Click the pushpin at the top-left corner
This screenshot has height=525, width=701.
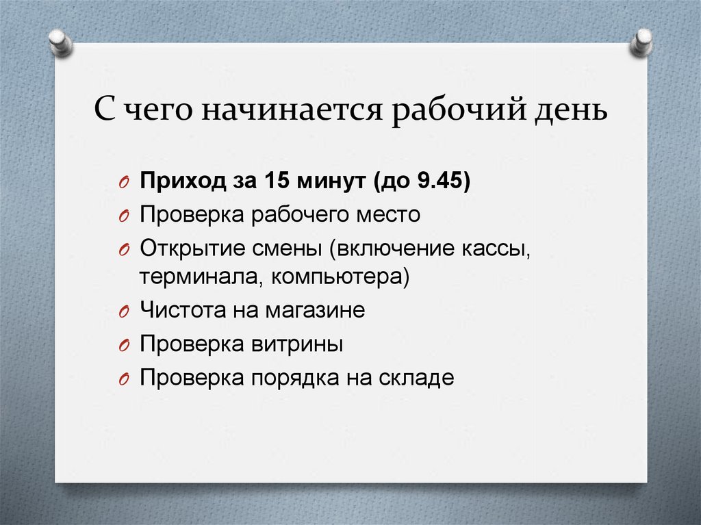click(61, 43)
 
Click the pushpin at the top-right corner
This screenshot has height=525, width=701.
click(641, 42)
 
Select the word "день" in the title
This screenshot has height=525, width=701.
click(571, 110)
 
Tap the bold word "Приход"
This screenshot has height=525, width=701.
click(183, 181)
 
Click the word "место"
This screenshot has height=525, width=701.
click(388, 215)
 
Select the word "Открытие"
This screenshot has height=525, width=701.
click(192, 248)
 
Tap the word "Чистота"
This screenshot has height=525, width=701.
click(183, 309)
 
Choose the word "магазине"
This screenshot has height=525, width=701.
click(315, 310)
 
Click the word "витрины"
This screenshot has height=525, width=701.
click(297, 344)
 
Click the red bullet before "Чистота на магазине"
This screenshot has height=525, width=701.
click(125, 311)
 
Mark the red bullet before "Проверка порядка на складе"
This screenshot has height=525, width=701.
click(125, 380)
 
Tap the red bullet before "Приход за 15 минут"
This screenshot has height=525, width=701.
click(125, 183)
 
